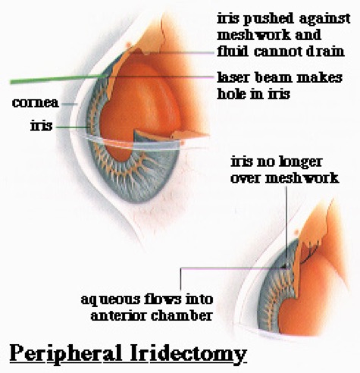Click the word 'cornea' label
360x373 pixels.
pos(36,103)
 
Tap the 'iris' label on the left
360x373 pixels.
pos(42,125)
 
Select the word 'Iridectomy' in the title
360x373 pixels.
pos(189,353)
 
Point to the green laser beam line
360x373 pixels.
pos(58,79)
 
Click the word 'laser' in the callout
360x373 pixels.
pos(234,77)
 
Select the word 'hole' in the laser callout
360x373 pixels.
pos(230,94)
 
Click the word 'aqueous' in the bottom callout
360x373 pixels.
pos(111,300)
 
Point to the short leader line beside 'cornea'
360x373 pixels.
pos(70,104)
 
